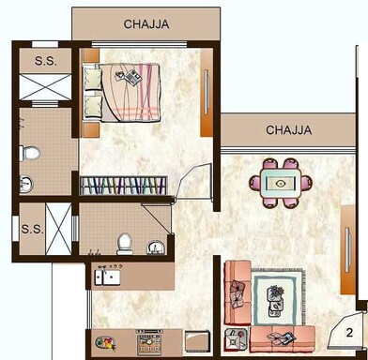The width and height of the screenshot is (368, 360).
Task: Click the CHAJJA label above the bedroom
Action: coord(146,25)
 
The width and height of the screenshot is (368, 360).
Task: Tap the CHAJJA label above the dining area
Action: coord(289,128)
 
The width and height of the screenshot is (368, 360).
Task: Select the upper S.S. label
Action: coord(44,62)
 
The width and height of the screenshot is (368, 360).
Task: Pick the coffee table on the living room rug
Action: coord(277,299)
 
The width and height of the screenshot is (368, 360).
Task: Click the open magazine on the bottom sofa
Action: coord(280,337)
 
